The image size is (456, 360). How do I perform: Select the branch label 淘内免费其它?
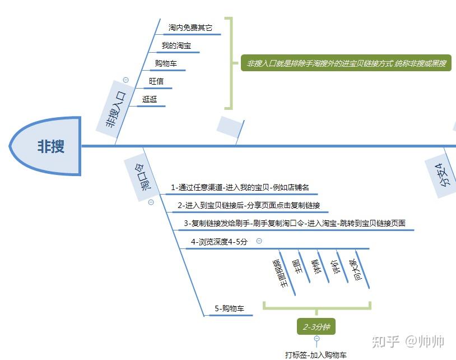(190, 27)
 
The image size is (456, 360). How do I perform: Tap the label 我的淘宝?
(176, 45)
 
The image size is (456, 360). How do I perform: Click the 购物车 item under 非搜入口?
(166, 63)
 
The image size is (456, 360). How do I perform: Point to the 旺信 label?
(156, 81)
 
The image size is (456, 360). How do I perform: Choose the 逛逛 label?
(150, 99)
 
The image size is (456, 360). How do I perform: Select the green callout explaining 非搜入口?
(346, 63)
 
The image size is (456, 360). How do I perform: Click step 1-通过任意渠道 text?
(240, 187)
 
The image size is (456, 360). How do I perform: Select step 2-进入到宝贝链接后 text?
(249, 205)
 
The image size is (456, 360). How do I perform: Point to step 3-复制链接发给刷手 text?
(294, 223)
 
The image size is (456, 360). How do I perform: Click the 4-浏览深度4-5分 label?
(219, 242)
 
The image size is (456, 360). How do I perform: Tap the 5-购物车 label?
(230, 308)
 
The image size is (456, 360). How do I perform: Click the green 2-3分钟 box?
(317, 327)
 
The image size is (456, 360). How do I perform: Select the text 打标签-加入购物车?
(316, 354)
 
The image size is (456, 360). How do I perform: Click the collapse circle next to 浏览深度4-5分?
(259, 241)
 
